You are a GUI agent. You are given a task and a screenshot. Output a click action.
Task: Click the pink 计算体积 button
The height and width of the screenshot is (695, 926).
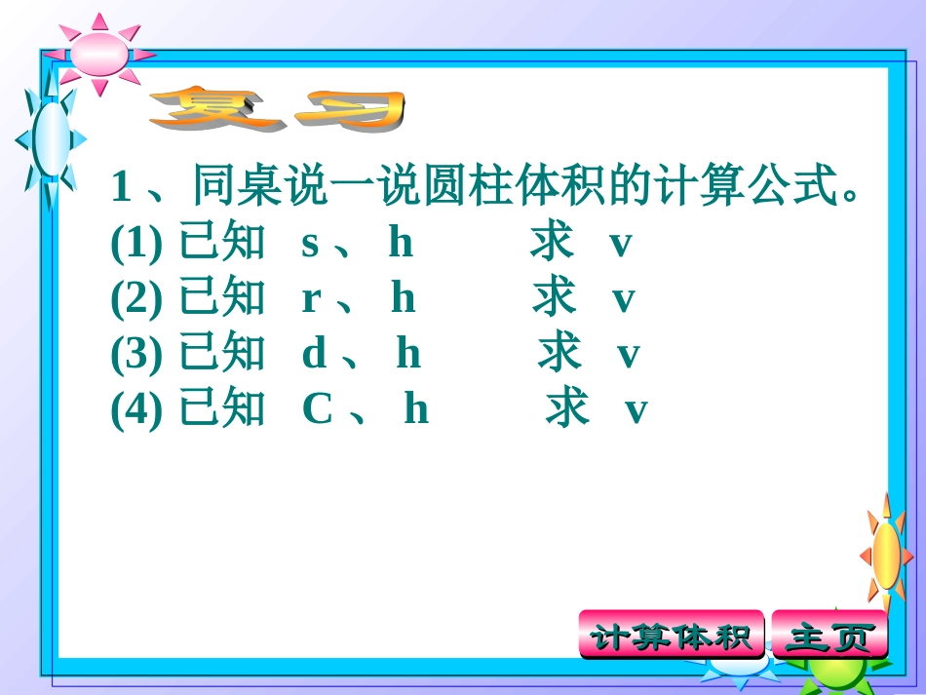(672, 637)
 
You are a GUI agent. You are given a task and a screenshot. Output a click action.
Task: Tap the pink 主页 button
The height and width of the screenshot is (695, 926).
(830, 637)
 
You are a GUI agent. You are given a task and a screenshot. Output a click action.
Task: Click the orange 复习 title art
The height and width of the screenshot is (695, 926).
(277, 109)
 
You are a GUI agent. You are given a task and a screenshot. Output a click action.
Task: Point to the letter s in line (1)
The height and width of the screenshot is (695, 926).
(310, 245)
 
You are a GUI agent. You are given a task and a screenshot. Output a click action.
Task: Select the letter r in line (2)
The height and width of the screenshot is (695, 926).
(311, 299)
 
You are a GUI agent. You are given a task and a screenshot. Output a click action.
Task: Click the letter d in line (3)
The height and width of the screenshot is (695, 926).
(314, 355)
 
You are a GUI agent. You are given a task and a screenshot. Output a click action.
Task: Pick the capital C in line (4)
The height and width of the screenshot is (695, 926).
(319, 410)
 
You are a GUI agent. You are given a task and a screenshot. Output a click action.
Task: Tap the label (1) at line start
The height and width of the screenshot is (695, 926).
(136, 245)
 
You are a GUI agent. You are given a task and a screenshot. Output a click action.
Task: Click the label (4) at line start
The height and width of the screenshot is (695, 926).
(136, 410)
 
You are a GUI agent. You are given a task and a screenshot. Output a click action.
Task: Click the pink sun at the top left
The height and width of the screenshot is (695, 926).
(100, 54)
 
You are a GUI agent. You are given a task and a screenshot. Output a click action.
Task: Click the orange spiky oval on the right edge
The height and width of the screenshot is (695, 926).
(886, 555)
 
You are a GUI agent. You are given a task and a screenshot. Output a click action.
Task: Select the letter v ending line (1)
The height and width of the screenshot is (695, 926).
(621, 245)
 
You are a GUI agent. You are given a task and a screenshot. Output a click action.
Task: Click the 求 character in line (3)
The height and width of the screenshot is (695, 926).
(559, 355)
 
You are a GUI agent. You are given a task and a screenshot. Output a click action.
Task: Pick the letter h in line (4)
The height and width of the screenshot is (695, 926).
(416, 410)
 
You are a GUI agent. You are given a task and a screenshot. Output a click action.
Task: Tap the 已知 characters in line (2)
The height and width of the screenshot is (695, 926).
(221, 299)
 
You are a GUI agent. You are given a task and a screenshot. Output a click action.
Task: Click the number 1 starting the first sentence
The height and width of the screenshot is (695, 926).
(122, 186)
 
